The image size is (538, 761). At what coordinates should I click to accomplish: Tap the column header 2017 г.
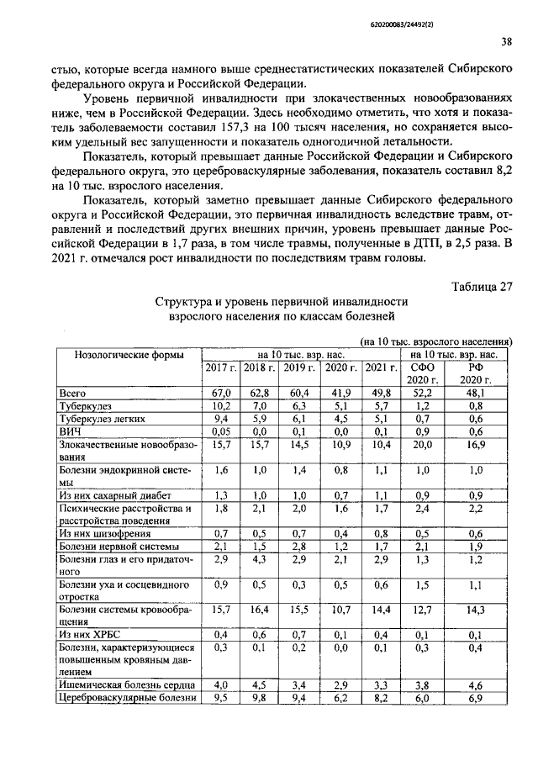221,368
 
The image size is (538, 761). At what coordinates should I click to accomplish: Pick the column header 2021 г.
380,368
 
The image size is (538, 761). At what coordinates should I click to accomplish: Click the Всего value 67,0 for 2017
221,392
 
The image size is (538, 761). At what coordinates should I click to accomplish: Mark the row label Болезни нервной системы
113,547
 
